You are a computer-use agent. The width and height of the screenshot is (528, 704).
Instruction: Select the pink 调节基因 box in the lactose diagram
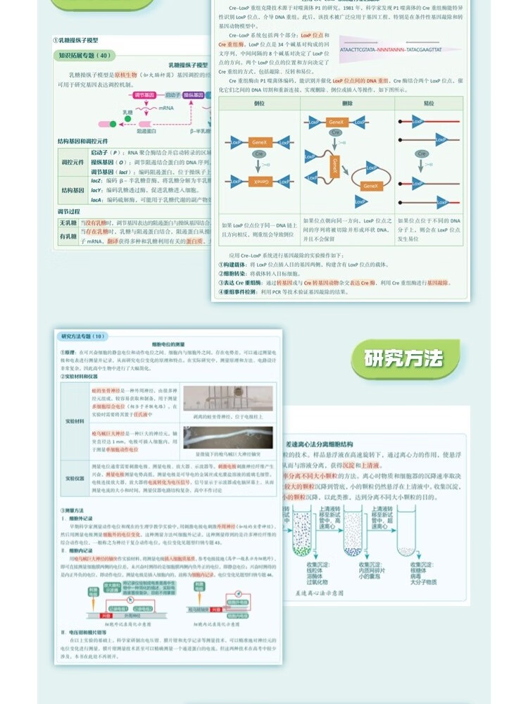(x=127, y=95)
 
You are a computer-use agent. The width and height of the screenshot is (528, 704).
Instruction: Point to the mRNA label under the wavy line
(x=166, y=108)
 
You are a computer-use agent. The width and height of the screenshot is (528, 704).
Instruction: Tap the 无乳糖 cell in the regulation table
(x=68, y=222)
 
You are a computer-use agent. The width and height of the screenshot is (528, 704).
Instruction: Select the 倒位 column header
(x=258, y=103)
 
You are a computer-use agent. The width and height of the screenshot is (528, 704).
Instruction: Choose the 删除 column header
(x=346, y=103)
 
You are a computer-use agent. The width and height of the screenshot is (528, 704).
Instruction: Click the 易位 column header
(x=429, y=103)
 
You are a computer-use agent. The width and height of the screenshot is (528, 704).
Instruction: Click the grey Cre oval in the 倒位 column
(x=258, y=154)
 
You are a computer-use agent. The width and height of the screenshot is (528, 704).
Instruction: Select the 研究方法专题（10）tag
(x=83, y=337)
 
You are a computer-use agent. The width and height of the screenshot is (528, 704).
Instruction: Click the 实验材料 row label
(x=75, y=420)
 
